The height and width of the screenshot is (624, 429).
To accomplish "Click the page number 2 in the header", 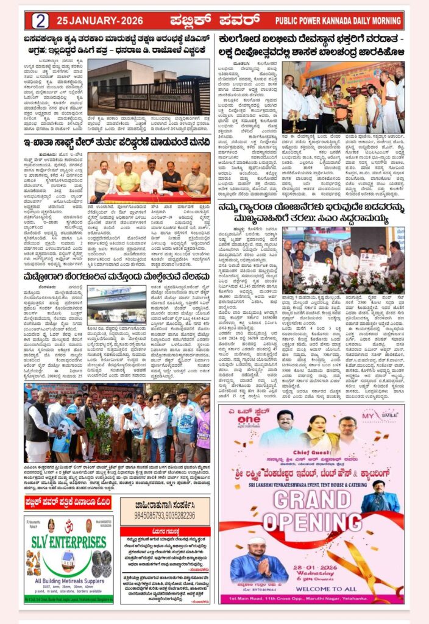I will (x=40, y=21).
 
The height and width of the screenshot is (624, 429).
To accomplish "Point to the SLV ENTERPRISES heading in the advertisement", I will (x=68, y=542).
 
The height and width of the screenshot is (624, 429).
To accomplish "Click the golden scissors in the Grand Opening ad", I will (x=360, y=570).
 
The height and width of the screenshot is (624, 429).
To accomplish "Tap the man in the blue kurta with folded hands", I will (x=250, y=565).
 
